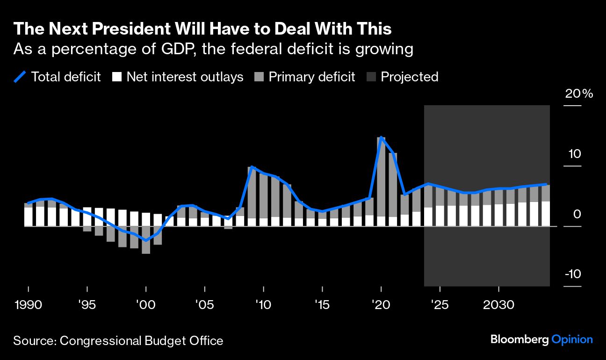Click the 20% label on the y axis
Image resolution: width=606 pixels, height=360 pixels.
coord(579,94)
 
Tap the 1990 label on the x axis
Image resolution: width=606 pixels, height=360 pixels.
coord(28,305)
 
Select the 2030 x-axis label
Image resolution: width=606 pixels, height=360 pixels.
coord(498,305)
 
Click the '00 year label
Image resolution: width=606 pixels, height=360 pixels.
coord(145,305)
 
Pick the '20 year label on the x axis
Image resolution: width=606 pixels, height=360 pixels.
coord(381,305)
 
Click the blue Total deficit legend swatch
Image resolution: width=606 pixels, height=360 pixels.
coord(20,77)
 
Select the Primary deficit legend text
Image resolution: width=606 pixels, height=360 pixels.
coord(312,77)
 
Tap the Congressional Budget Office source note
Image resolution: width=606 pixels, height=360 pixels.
coord(118,341)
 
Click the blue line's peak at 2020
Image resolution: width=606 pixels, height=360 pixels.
coord(381,137)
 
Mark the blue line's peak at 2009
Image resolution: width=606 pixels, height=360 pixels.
coord(252,166)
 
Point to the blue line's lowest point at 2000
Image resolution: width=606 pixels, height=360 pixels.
coord(146,240)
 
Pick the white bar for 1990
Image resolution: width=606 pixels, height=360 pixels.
coord(28,217)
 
